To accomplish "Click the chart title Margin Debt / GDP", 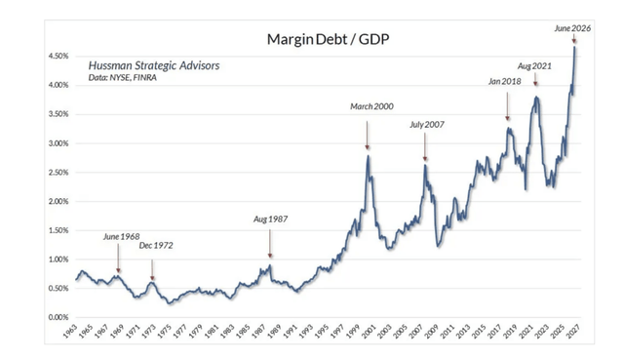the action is [x=328, y=39].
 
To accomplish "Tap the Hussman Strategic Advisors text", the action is [x=154, y=65].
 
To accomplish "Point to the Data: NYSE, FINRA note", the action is [x=123, y=78].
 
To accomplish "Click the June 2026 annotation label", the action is [x=572, y=28].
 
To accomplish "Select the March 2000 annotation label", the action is [x=371, y=106].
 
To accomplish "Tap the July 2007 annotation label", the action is [x=427, y=125].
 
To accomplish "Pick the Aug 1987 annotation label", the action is [x=271, y=220].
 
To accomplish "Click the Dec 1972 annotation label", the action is [x=156, y=245].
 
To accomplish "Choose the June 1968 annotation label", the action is [x=121, y=236].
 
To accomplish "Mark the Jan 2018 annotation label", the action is [x=505, y=82].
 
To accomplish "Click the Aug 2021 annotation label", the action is [x=534, y=66].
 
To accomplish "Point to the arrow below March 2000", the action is [x=367, y=136].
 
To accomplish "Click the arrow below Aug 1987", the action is [x=270, y=244].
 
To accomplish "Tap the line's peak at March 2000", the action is [x=369, y=156].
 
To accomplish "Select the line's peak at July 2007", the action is [x=425, y=165].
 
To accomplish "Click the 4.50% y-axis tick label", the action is [x=58, y=57].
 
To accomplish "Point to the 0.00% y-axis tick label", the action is [x=58, y=317].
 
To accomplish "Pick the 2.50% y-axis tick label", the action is [x=58, y=173].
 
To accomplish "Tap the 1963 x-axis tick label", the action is [x=70, y=331].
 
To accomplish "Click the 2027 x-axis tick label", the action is [x=574, y=331].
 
